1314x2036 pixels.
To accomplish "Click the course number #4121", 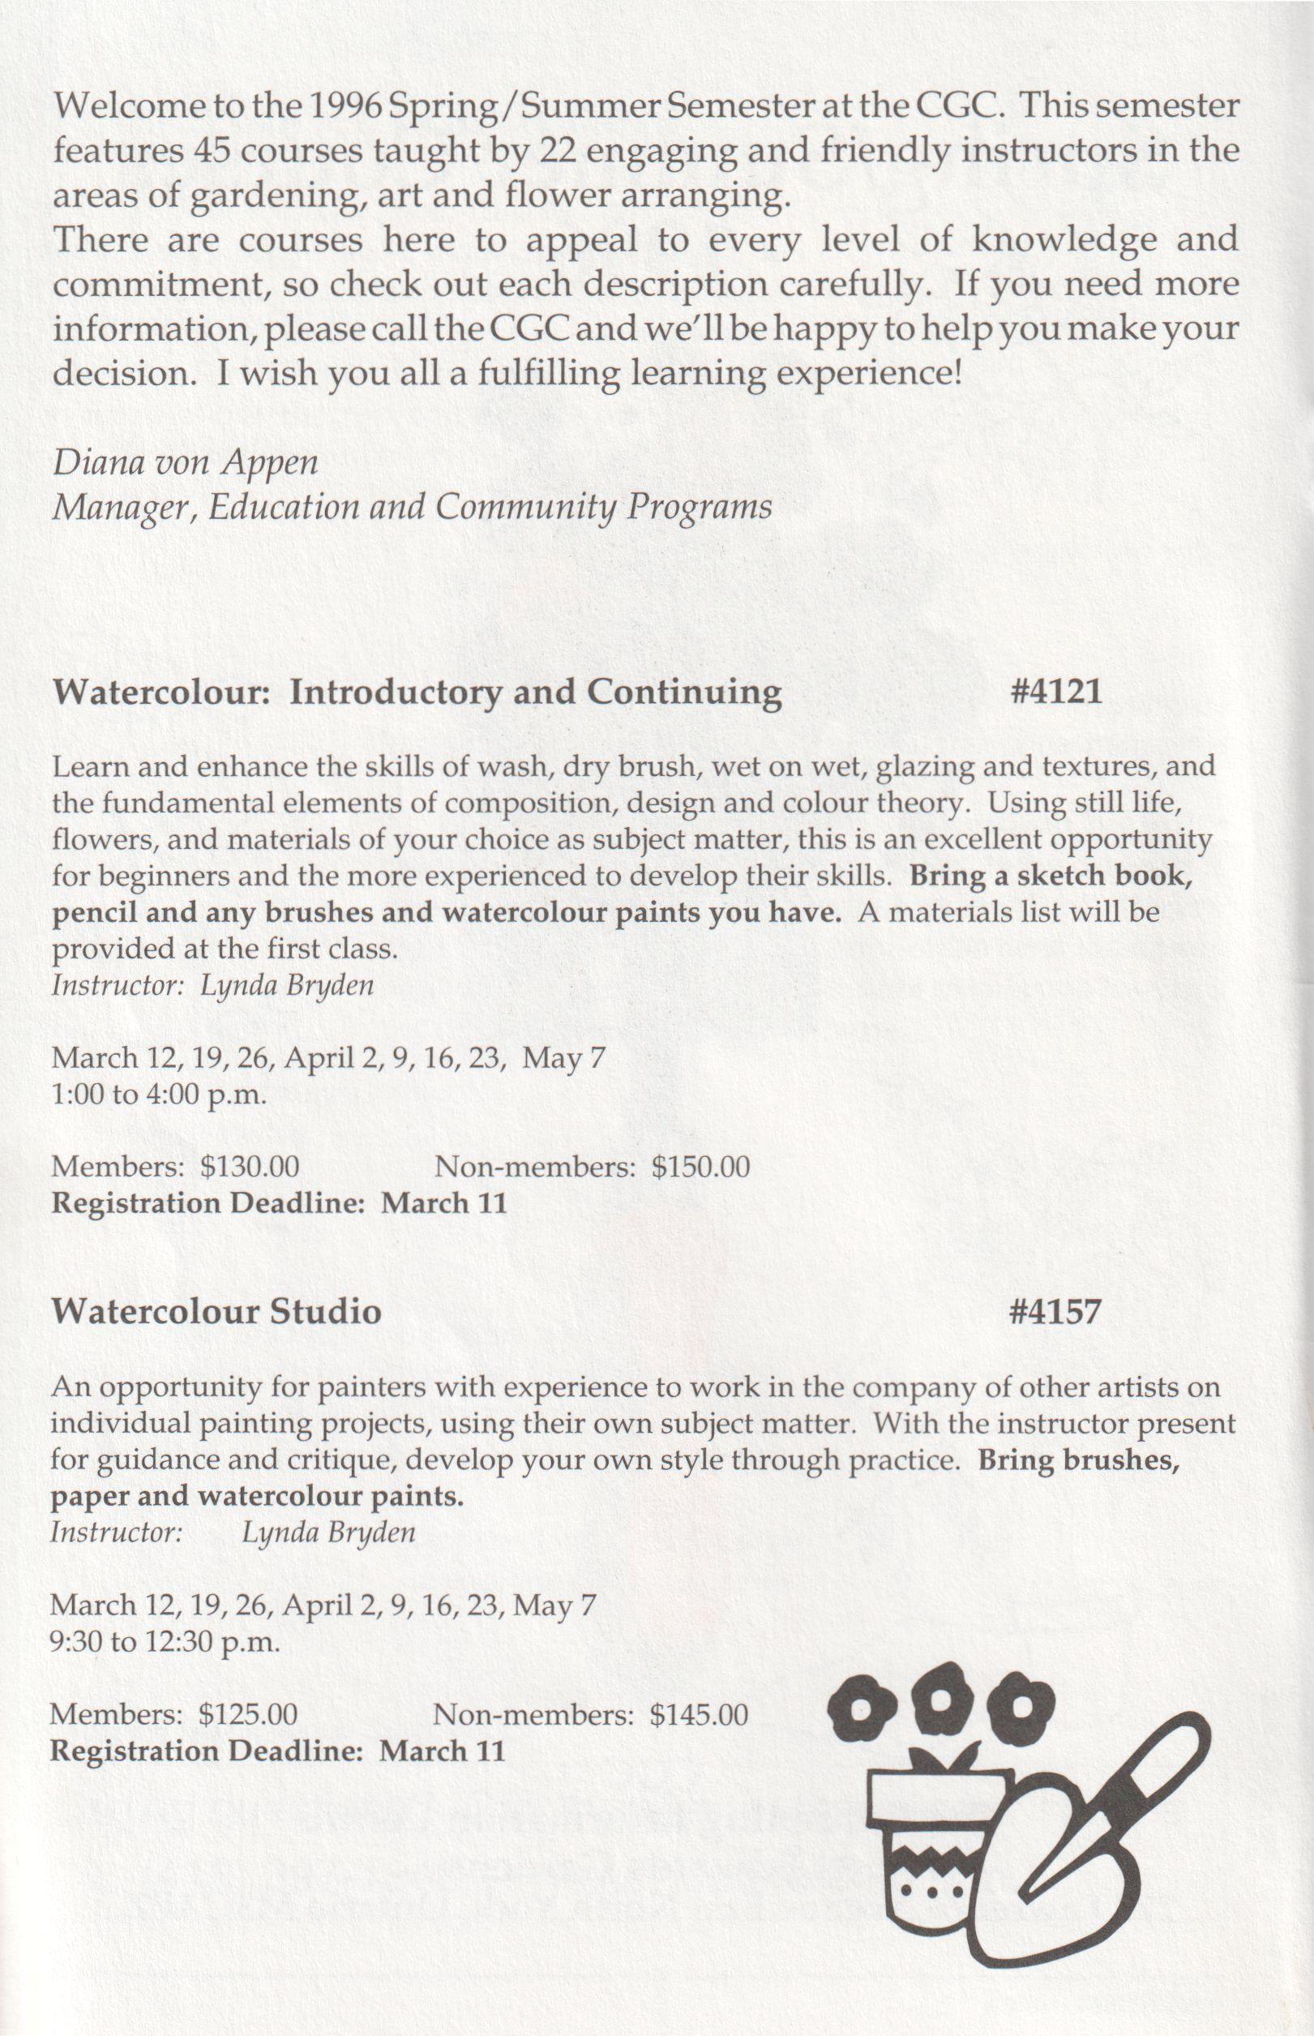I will click(x=1055, y=692).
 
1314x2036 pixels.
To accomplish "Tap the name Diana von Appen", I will click(x=185, y=462).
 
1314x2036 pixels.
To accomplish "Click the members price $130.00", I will click(x=249, y=1167).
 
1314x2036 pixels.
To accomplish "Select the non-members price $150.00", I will click(x=700, y=1167).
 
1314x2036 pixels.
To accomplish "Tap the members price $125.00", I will click(x=247, y=1713).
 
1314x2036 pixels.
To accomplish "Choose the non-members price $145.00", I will click(x=698, y=1713).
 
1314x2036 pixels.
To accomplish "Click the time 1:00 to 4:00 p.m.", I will click(x=160, y=1094).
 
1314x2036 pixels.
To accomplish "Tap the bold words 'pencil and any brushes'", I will click(x=211, y=912).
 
